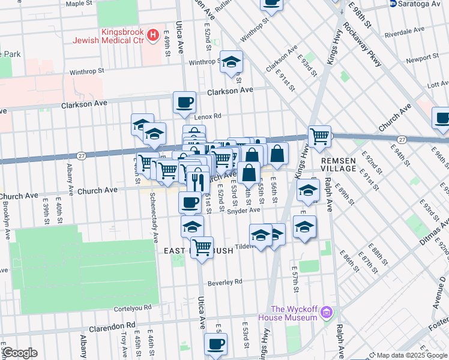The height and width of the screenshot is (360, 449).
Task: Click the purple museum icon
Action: pyautogui.click(x=326, y=312)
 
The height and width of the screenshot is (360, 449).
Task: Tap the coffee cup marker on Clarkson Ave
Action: pyautogui.click(x=185, y=102)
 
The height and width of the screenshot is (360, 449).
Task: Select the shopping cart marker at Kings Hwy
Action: pyautogui.click(x=319, y=136)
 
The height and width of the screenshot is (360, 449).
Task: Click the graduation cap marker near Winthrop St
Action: pyautogui.click(x=231, y=62)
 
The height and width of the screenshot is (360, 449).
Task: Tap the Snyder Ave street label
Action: pyautogui.click(x=247, y=210)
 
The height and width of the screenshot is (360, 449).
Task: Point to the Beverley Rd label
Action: pyautogui.click(x=224, y=281)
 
